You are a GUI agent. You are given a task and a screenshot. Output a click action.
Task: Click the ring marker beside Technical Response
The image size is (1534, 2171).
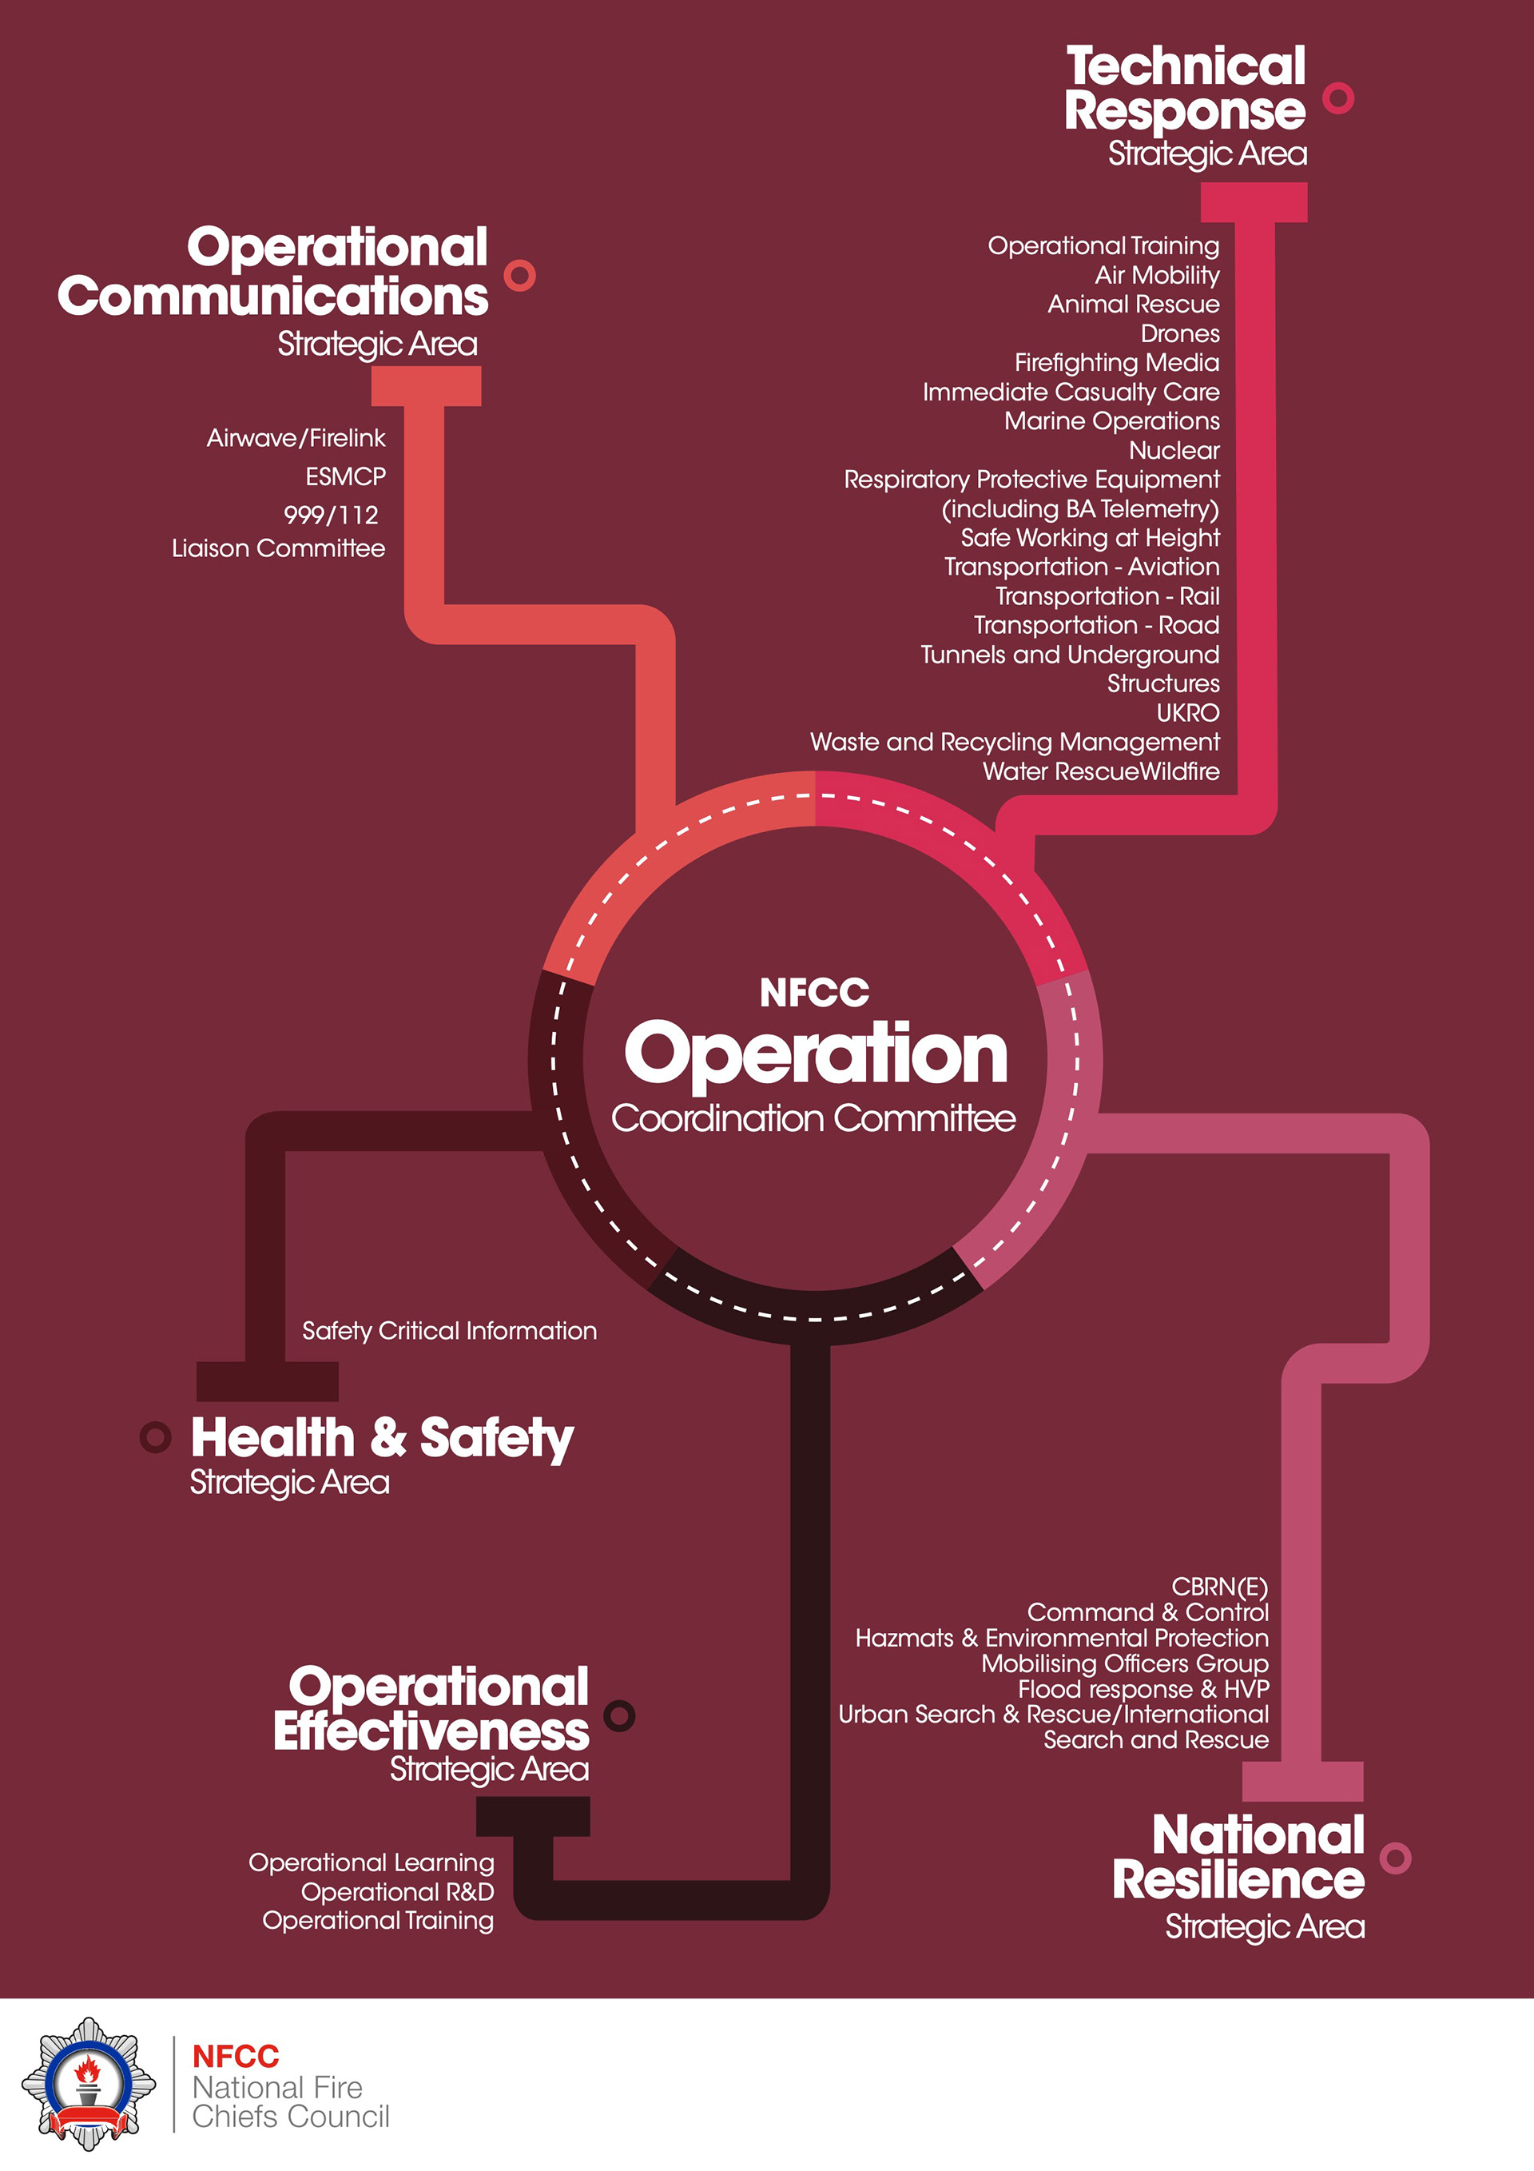[x=1337, y=98]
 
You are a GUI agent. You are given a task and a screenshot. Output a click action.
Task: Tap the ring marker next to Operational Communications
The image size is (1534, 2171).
[x=519, y=275]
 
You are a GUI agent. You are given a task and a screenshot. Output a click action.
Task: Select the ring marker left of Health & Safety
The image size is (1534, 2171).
[x=156, y=1437]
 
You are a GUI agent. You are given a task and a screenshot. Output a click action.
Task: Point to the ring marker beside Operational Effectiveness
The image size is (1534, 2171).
[x=619, y=1715]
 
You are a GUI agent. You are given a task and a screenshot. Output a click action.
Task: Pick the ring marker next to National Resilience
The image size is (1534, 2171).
[x=1395, y=1858]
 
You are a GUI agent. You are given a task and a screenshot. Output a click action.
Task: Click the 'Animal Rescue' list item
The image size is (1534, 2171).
[x=1132, y=305]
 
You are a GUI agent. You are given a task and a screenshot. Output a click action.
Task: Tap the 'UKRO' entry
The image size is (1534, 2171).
[x=1187, y=713]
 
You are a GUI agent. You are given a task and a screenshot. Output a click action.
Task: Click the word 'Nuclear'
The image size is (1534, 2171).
[x=1174, y=451]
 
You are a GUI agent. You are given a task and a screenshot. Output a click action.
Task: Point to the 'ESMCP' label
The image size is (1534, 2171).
[x=345, y=476]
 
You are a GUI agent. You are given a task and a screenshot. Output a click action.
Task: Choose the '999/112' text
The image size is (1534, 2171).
[x=331, y=516]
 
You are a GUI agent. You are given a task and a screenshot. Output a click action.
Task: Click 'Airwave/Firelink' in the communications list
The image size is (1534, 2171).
[x=296, y=439]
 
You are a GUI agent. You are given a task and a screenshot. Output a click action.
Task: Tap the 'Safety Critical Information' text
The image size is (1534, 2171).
[x=449, y=1332]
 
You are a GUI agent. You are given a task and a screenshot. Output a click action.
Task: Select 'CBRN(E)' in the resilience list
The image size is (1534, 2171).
[x=1219, y=1587]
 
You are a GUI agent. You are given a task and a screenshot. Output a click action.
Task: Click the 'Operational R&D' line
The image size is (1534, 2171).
[x=397, y=1892]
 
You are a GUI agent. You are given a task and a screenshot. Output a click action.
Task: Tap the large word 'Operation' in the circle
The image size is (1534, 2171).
[x=815, y=1054]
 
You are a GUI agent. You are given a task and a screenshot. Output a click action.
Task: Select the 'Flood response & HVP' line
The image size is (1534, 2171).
[x=1143, y=1689]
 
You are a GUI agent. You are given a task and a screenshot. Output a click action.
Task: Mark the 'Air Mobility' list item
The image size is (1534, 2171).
[x=1156, y=275]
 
